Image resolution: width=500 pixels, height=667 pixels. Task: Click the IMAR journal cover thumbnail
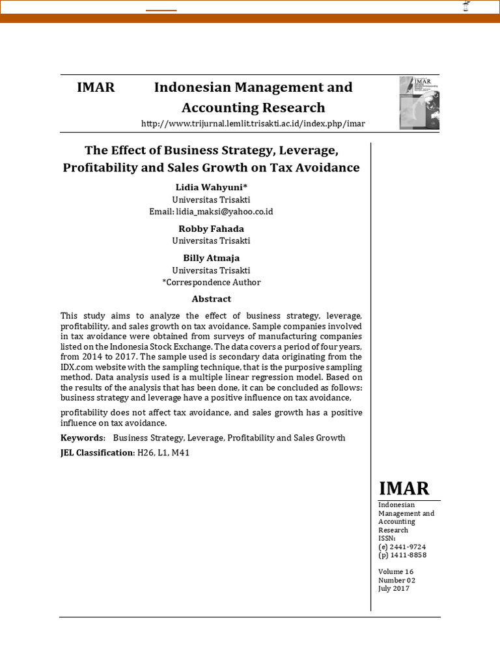[419, 103]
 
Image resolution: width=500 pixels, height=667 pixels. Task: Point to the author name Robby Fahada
[211, 229]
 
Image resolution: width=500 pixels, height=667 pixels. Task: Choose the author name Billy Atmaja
[211, 258]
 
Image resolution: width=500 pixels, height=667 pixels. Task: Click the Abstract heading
[211, 299]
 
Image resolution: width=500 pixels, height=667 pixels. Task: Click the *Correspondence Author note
[211, 282]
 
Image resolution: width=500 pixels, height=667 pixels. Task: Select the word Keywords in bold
[82, 438]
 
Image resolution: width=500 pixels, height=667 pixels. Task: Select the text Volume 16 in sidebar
[396, 572]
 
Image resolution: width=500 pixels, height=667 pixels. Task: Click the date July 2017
[394, 588]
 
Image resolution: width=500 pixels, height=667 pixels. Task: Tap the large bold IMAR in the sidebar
[404, 489]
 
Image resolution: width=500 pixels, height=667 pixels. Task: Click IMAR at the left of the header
[96, 87]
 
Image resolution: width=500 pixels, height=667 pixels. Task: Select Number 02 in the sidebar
[396, 580]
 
